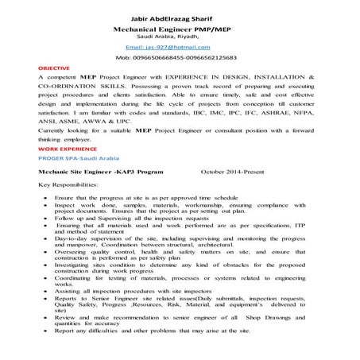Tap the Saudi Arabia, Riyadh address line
[180, 37]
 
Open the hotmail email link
[180, 48]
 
